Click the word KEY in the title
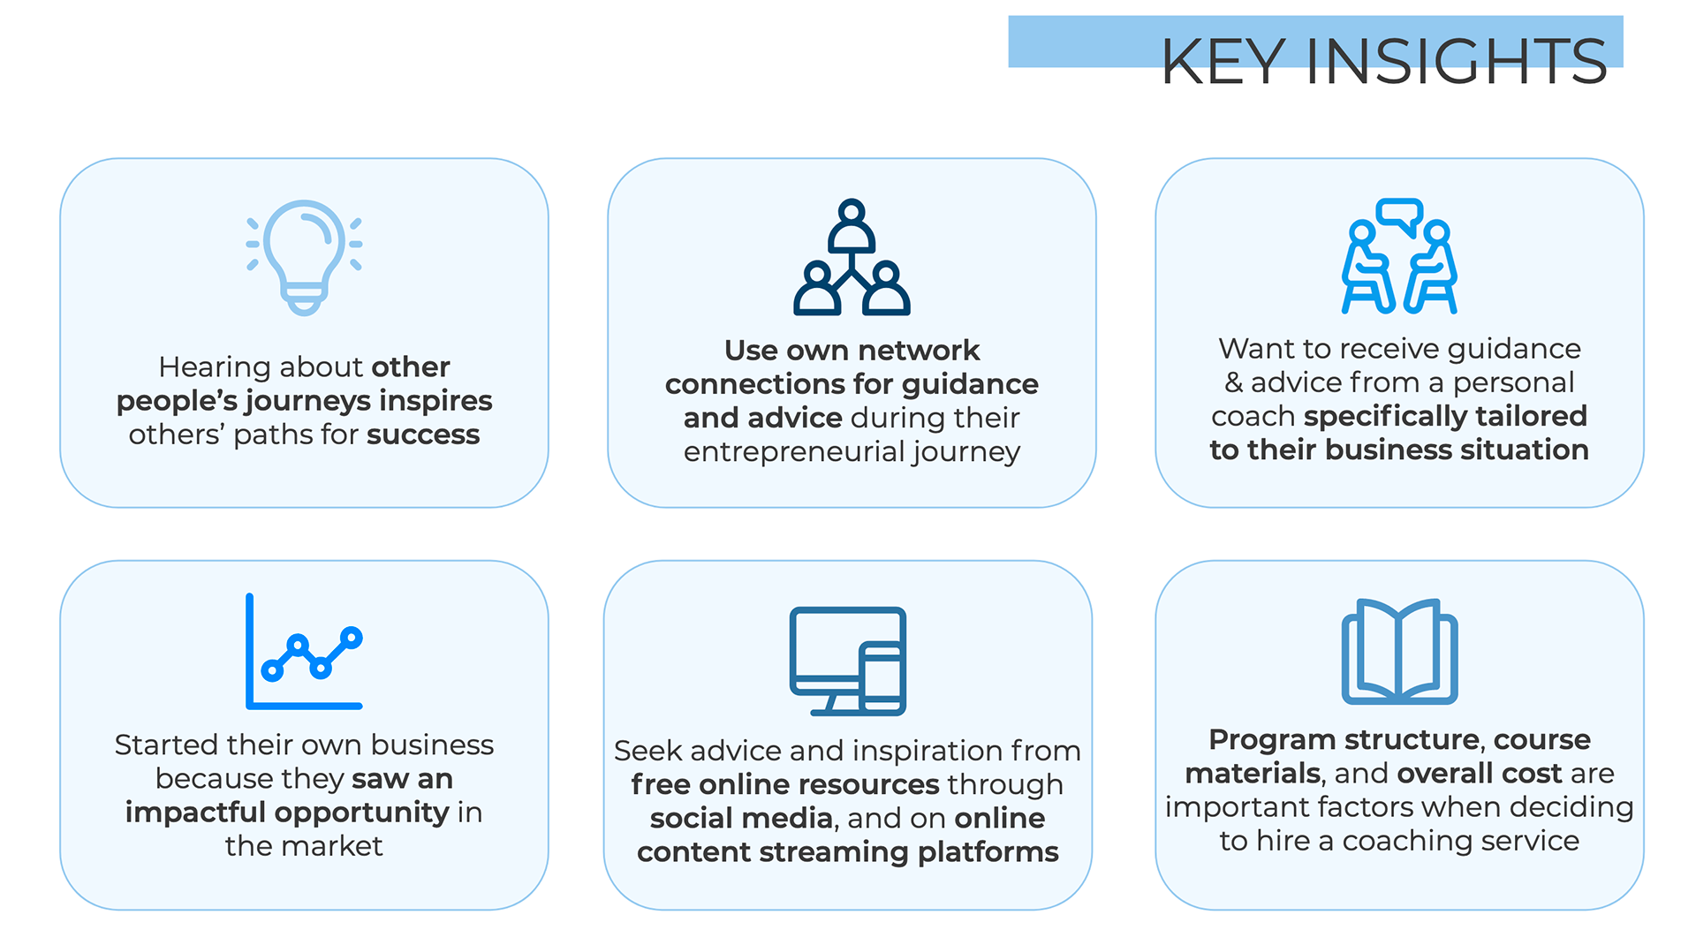[1223, 62]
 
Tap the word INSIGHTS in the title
[1456, 62]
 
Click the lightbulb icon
[304, 257]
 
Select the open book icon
[1399, 652]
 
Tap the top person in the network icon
[852, 227]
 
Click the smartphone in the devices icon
[882, 678]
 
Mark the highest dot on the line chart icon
[352, 638]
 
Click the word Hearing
[215, 367]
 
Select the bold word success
[423, 435]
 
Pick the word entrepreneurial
[794, 452]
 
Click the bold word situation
[1524, 450]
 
